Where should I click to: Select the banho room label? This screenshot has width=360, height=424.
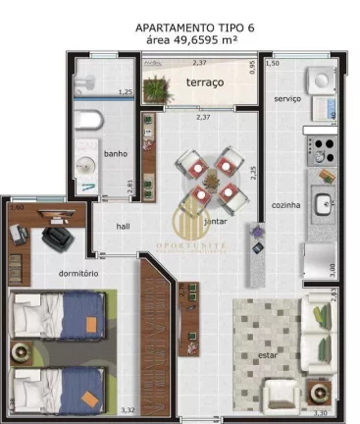tap(116, 154)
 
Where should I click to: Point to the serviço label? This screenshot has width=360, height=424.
tap(287, 98)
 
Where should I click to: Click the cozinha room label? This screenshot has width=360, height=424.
tap(286, 204)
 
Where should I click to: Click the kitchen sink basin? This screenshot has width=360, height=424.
tap(325, 205)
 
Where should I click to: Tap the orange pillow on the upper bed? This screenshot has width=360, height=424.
tap(89, 322)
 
